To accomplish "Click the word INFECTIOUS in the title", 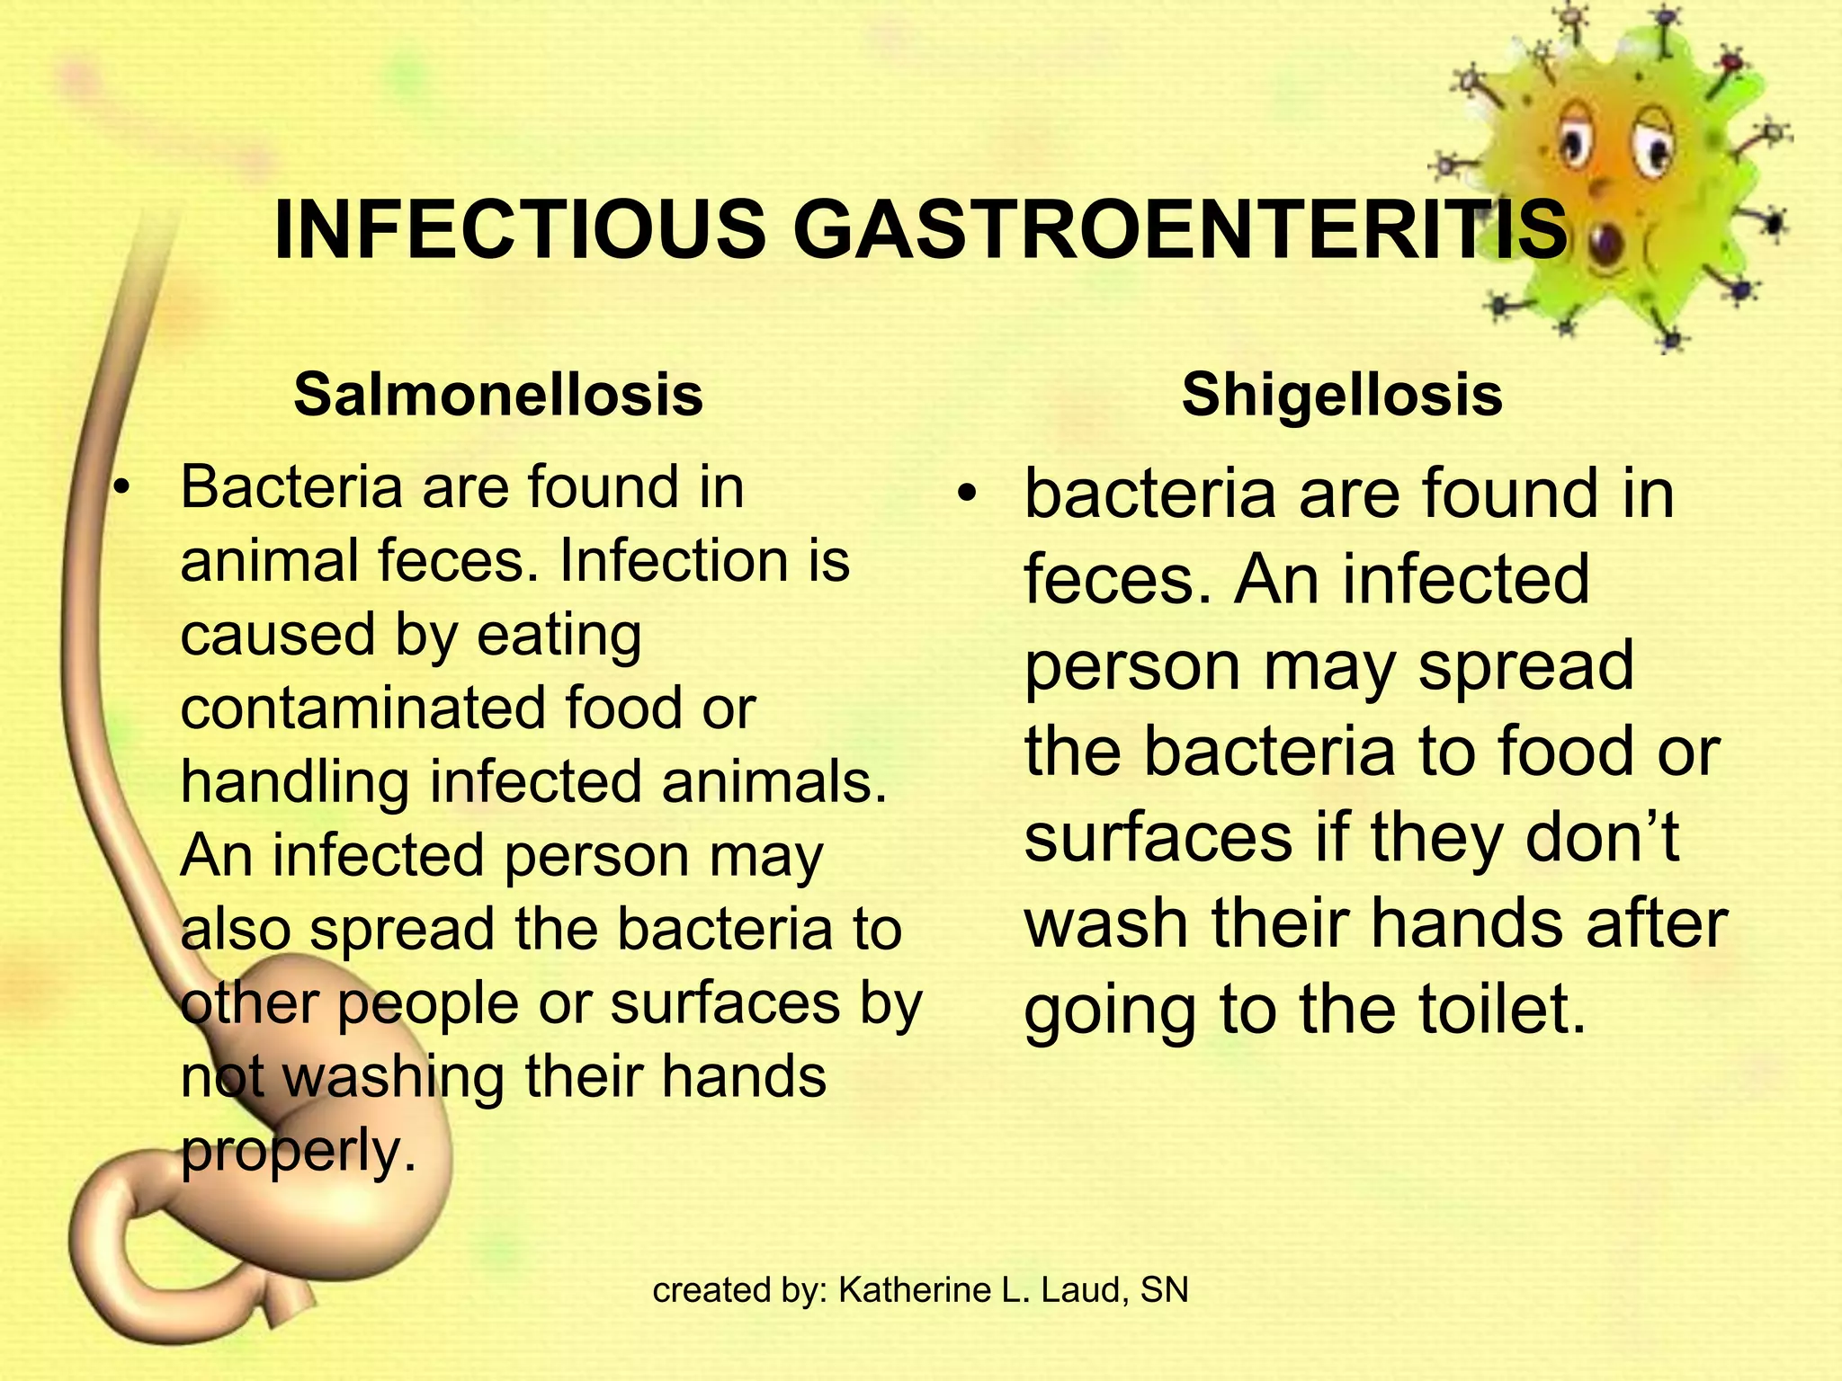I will [x=519, y=230].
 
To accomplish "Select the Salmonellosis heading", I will [x=498, y=395].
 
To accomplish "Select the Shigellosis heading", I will [x=1342, y=395].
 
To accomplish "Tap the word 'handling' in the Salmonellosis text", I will [x=295, y=781].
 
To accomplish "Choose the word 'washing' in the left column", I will [x=394, y=1076].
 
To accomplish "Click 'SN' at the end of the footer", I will [x=1164, y=1290].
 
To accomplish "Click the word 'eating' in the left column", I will [x=559, y=635].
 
